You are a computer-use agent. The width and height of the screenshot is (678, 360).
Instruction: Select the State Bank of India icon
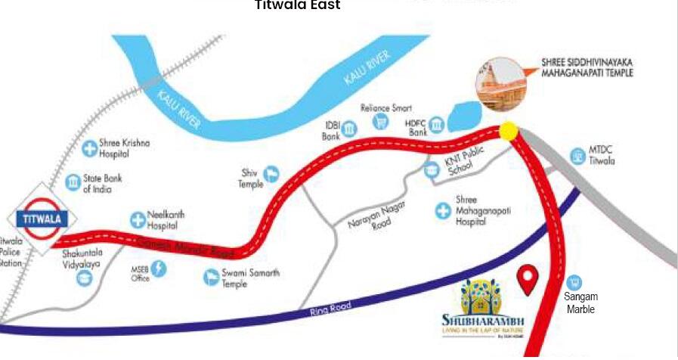(73, 182)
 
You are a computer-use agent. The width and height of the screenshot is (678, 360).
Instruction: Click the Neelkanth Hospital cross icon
(138, 220)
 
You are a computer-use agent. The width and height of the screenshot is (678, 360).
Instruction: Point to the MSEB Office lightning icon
(159, 268)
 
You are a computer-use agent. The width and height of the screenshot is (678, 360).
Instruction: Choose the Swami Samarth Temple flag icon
(211, 278)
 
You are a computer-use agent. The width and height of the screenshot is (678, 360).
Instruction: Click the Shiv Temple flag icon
(270, 175)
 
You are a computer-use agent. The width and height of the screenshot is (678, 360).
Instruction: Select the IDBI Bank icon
(350, 129)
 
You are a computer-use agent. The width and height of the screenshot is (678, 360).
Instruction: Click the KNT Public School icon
(432, 169)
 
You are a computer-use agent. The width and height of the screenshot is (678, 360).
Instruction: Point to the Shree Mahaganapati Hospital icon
(443, 209)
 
